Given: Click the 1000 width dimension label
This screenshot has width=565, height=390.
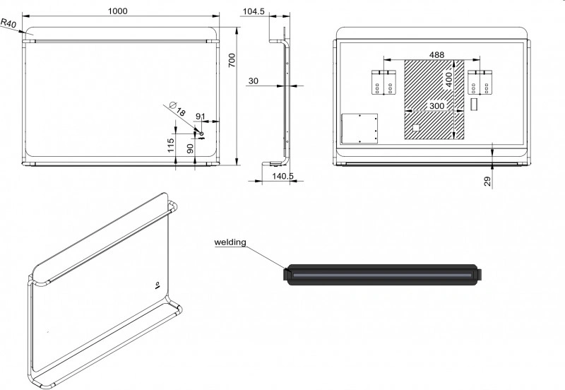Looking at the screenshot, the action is [x=118, y=11].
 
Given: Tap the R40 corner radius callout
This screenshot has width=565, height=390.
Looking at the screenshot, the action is [x=8, y=23].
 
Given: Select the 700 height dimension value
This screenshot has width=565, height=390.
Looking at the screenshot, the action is [x=232, y=60].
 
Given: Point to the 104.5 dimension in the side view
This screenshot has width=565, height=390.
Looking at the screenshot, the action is [x=254, y=11].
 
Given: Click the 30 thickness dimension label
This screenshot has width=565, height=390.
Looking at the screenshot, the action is [x=254, y=81].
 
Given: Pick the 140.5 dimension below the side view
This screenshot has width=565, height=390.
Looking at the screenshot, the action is [x=283, y=176].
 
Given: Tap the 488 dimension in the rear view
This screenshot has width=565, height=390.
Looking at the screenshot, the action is [x=436, y=55].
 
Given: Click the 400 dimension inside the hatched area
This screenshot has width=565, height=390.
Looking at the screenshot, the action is [x=448, y=80].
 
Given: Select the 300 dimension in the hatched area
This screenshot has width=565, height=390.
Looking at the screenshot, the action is [x=436, y=106].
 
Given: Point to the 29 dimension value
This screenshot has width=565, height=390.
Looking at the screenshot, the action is [x=487, y=182].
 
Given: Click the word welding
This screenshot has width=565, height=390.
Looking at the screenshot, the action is [x=230, y=242].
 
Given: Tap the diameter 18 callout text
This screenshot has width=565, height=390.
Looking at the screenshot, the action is [x=177, y=109].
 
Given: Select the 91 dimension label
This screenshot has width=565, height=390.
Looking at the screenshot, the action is [x=201, y=117].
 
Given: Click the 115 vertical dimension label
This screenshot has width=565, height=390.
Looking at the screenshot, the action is [x=171, y=146].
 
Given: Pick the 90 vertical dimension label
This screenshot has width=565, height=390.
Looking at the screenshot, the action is [x=190, y=148].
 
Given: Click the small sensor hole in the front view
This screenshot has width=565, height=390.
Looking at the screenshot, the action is [x=201, y=134].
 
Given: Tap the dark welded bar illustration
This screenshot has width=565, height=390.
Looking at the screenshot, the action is [x=382, y=275].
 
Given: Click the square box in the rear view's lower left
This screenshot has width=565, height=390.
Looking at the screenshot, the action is [x=359, y=129].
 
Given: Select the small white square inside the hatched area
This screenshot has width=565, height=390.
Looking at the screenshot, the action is [x=416, y=128].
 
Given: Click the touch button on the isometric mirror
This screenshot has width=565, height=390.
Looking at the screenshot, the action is [x=157, y=285].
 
